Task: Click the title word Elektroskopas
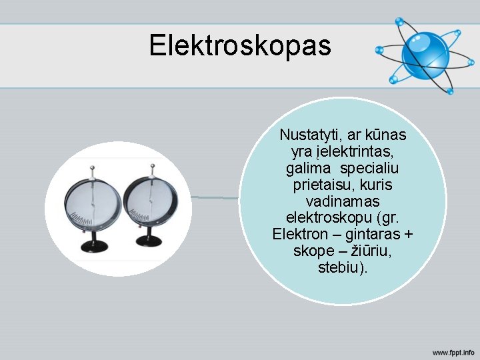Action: [239, 45]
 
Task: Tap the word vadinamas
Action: [343, 201]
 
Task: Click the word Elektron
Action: [300, 234]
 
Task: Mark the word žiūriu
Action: [367, 251]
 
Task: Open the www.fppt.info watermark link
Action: [453, 351]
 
